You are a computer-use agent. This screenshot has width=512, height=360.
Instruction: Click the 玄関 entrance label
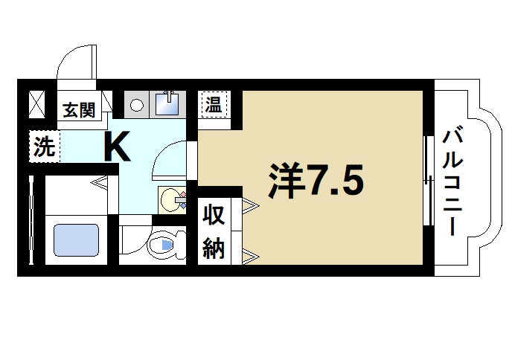[x=78, y=112]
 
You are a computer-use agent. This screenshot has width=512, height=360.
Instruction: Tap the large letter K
[x=118, y=147]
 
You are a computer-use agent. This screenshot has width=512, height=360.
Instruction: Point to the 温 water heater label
[x=214, y=104]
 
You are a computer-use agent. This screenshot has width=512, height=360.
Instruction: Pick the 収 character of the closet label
[x=214, y=216]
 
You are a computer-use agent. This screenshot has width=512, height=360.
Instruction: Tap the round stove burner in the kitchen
[x=135, y=105]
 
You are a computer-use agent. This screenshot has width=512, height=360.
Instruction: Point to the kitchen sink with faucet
[x=167, y=103]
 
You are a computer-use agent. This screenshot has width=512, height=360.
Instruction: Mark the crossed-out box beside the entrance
[x=36, y=103]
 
